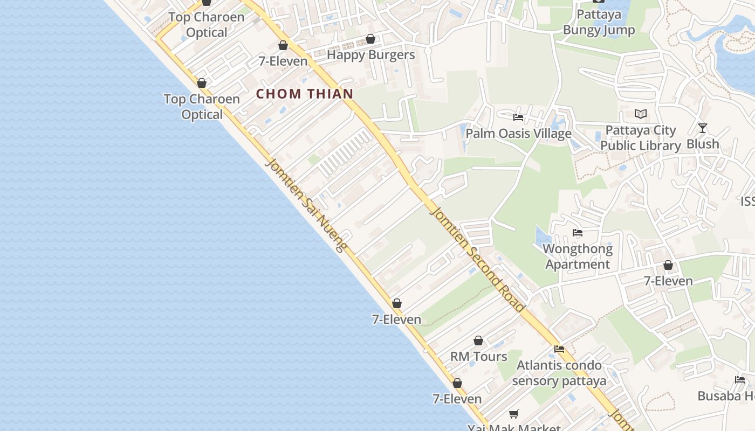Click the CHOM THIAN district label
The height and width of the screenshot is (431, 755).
coord(305,94)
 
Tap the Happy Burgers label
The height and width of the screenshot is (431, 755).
coord(371,55)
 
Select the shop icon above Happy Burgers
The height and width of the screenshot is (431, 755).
coord(370,39)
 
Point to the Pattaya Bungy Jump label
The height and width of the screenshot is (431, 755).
coord(599,22)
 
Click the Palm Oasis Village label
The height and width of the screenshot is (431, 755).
coord(518,134)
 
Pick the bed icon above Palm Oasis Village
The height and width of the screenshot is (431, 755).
coord(518,117)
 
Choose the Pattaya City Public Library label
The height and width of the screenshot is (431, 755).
coord(641,138)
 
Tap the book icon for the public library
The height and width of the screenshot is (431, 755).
coord(641,114)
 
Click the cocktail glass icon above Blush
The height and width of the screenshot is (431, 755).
coord(702,128)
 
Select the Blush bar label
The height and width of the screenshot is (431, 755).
coord(703,144)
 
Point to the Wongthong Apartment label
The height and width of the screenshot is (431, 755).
coord(578,256)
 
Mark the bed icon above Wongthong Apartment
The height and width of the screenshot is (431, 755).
coord(578,233)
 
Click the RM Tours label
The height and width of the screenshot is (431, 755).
coord(479,357)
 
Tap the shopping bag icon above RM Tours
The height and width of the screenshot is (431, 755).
coord(478,341)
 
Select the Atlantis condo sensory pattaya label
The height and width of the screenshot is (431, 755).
coord(559,373)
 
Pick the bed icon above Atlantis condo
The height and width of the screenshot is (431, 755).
coord(559,349)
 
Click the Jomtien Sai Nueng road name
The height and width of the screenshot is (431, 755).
coord(305,205)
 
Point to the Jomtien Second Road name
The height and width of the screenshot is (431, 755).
coord(477,259)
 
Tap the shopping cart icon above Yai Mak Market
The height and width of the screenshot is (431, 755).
coord(514,414)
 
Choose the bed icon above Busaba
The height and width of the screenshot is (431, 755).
coord(740,380)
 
